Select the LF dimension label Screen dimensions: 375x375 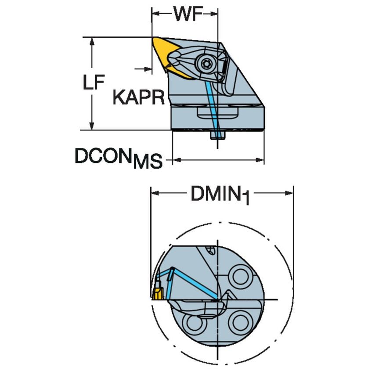click(x=95, y=82)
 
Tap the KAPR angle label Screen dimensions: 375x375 click(x=138, y=97)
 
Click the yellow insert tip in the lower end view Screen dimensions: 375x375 click(x=157, y=293)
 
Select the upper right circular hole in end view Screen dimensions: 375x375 click(x=241, y=277)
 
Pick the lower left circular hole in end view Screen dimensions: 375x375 click(x=193, y=324)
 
